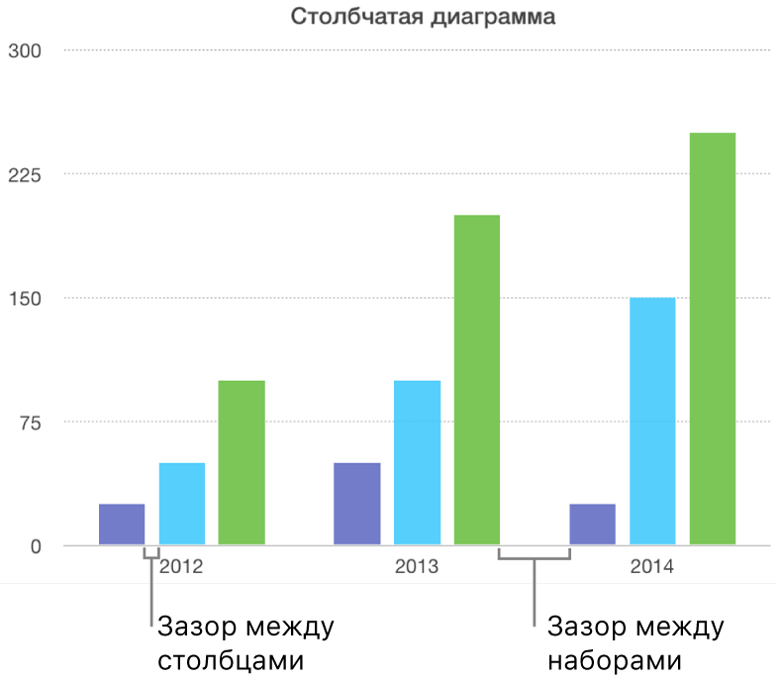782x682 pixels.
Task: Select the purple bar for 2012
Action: [x=122, y=525]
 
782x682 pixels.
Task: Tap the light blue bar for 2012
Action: [x=182, y=504]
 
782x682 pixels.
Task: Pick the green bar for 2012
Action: [x=242, y=462]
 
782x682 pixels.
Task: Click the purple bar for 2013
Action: [x=357, y=504]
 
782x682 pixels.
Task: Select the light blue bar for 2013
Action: [x=417, y=462]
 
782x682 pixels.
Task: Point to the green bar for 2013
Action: [x=477, y=380]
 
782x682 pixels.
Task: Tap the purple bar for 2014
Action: [x=593, y=525]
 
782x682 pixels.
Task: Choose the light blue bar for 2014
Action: [x=652, y=421]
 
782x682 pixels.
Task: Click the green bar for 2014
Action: [x=713, y=339]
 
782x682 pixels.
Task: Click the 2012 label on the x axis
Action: [x=181, y=568]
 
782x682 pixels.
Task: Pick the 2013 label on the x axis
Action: [x=417, y=568]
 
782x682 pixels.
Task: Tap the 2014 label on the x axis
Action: [x=651, y=568]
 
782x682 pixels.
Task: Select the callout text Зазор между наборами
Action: [x=635, y=642]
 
